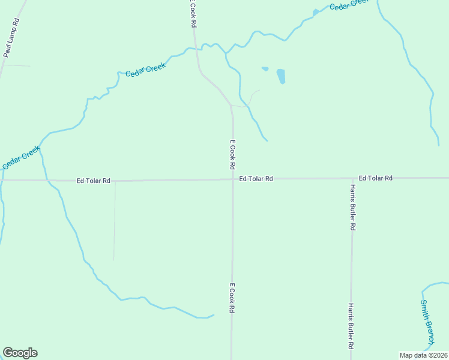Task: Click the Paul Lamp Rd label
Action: click(11, 37)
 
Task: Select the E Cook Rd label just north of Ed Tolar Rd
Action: click(232, 154)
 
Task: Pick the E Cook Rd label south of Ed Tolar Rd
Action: click(231, 299)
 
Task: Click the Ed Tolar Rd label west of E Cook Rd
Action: click(93, 181)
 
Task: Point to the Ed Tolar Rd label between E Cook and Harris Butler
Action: click(256, 179)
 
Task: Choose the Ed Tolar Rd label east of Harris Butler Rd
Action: click(375, 178)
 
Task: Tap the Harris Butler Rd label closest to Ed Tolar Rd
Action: click(352, 208)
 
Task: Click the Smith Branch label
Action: click(426, 322)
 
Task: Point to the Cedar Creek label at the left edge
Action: click(21, 157)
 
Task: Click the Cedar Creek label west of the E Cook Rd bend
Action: click(145, 70)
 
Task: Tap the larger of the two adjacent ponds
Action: click(280, 76)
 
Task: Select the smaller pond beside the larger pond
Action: click(265, 69)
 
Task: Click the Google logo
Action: click(20, 353)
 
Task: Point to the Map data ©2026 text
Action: click(423, 355)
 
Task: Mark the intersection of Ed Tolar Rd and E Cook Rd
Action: click(233, 179)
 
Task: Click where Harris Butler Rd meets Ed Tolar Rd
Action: click(352, 178)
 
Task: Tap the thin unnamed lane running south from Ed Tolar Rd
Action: click(114, 222)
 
